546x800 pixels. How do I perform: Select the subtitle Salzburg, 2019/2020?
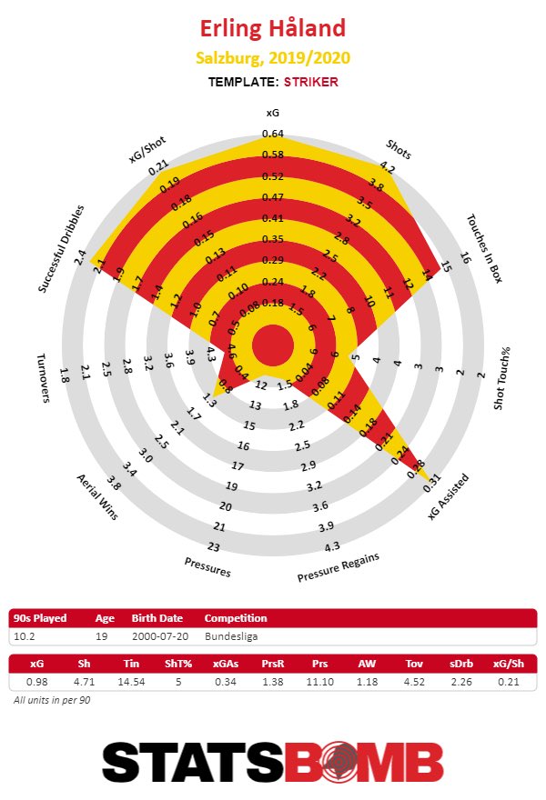(273, 57)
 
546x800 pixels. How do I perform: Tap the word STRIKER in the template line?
(311, 82)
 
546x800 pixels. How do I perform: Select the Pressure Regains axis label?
(339, 568)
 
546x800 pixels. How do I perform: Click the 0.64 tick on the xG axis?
(273, 135)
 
